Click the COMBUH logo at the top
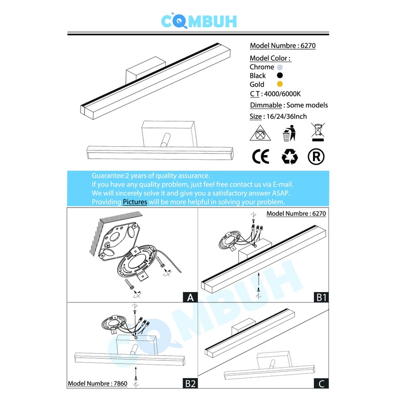[x=199, y=20]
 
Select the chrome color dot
[x=280, y=67]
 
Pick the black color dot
[x=280, y=76]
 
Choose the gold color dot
[x=280, y=85]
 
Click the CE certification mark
[x=261, y=157]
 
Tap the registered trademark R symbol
[x=316, y=157]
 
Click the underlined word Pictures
[x=135, y=202]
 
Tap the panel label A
[x=189, y=298]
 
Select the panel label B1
[x=320, y=298]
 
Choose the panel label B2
[x=190, y=384]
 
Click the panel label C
[x=321, y=384]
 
